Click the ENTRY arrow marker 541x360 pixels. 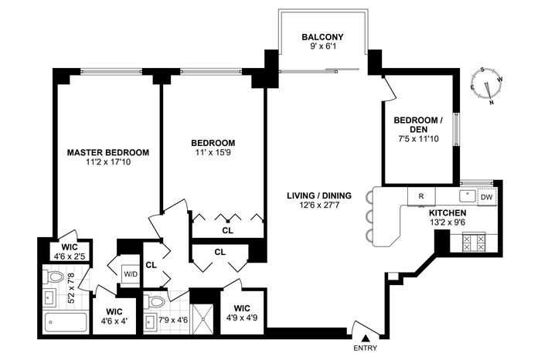coord(366,338)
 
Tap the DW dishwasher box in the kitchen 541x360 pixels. coord(487,197)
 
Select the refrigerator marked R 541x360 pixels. coord(421,196)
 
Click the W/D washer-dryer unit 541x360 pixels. coord(131,274)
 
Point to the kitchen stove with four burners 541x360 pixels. coord(474,243)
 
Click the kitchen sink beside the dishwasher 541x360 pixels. coord(468,196)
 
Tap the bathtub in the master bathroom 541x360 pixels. coord(65,323)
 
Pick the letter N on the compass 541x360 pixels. coord(492,103)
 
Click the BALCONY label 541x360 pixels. coord(322,37)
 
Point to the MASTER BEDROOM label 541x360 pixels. coord(108,152)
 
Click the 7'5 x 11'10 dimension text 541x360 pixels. coord(418,139)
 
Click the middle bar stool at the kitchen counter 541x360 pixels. coord(369,217)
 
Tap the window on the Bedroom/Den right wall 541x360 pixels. coord(457,129)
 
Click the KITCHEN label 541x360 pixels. coord(447,213)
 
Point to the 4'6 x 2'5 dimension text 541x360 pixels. coord(70,256)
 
